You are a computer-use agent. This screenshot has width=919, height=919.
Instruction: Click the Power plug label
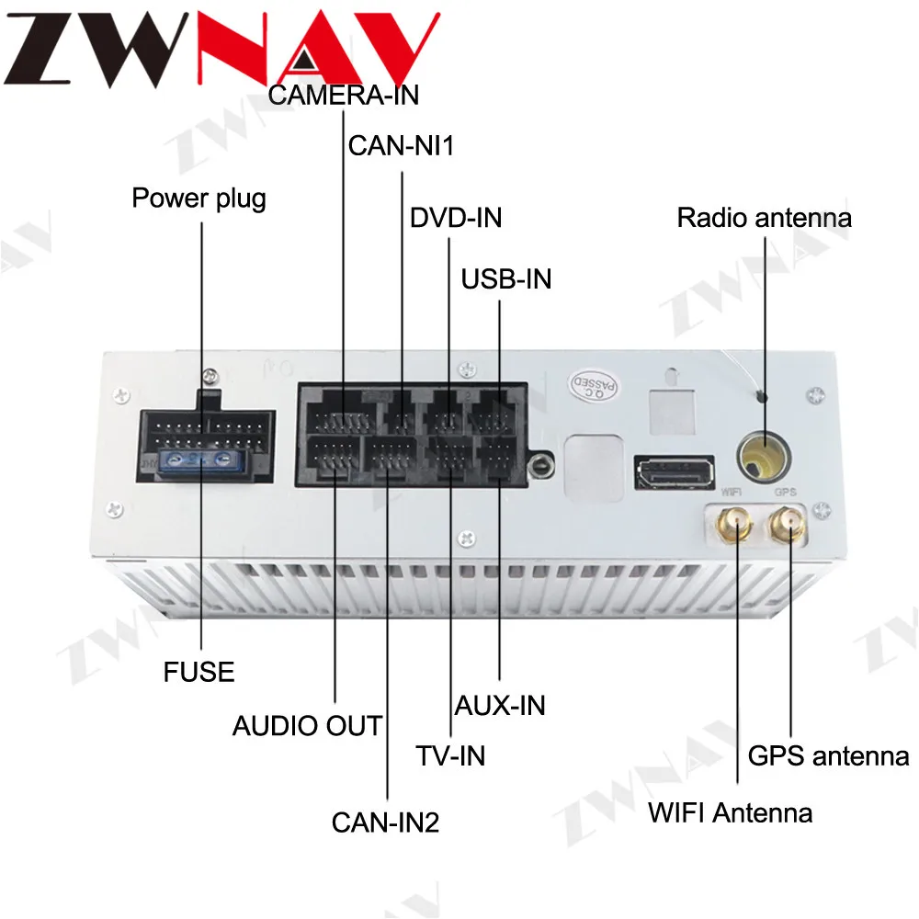coord(199,198)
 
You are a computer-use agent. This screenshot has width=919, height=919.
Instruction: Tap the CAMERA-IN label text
coord(344,95)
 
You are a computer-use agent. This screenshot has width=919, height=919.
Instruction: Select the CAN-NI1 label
coord(402,146)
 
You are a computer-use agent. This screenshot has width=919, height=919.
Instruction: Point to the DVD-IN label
coord(456,219)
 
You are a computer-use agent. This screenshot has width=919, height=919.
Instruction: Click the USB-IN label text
coord(506,278)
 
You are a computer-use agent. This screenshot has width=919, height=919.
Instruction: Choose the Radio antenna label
coord(764,218)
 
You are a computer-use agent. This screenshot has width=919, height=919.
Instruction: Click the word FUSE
coord(199,672)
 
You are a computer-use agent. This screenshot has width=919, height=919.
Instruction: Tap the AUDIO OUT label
coord(307,726)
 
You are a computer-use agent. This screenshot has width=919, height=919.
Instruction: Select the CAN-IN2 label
coord(386,822)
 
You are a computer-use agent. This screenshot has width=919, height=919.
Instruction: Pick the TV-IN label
coord(450,756)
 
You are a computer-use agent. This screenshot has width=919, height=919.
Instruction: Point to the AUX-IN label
coord(500,706)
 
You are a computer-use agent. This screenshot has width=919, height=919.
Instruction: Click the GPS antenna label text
coord(828,756)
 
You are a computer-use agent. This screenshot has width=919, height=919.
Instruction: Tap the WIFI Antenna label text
coord(730,812)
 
